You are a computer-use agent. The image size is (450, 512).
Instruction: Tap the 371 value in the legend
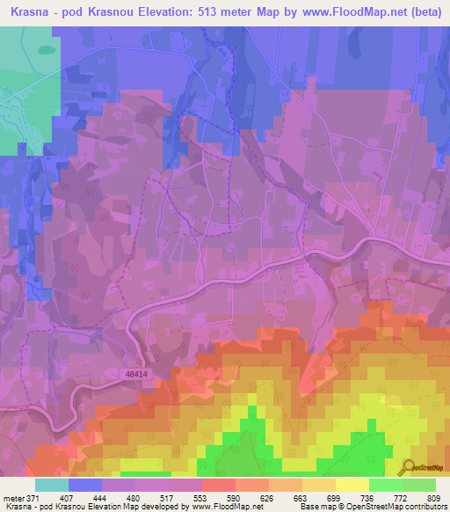coord(35,497)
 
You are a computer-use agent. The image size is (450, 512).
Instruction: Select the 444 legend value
coord(101,497)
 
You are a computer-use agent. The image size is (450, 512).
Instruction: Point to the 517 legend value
coord(167,497)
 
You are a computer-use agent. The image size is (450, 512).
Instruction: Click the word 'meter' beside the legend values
coord(13,497)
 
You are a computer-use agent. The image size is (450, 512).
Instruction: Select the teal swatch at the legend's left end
coord(51,485)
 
